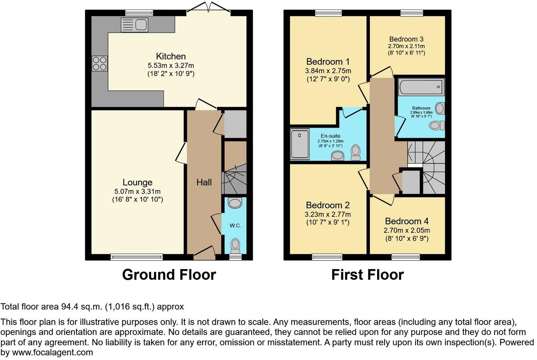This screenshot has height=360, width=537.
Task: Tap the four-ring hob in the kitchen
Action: point(99,64)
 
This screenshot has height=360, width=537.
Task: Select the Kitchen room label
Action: point(170,56)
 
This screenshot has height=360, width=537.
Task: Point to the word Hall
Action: point(204,182)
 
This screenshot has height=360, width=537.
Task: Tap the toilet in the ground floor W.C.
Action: point(235,245)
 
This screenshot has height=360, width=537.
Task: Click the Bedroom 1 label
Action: point(328,62)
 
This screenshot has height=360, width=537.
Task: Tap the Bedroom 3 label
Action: point(406,39)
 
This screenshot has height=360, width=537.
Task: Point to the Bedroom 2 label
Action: point(328,205)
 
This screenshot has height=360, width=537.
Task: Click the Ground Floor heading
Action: point(169,274)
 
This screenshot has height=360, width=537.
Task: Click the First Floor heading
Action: point(367,274)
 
